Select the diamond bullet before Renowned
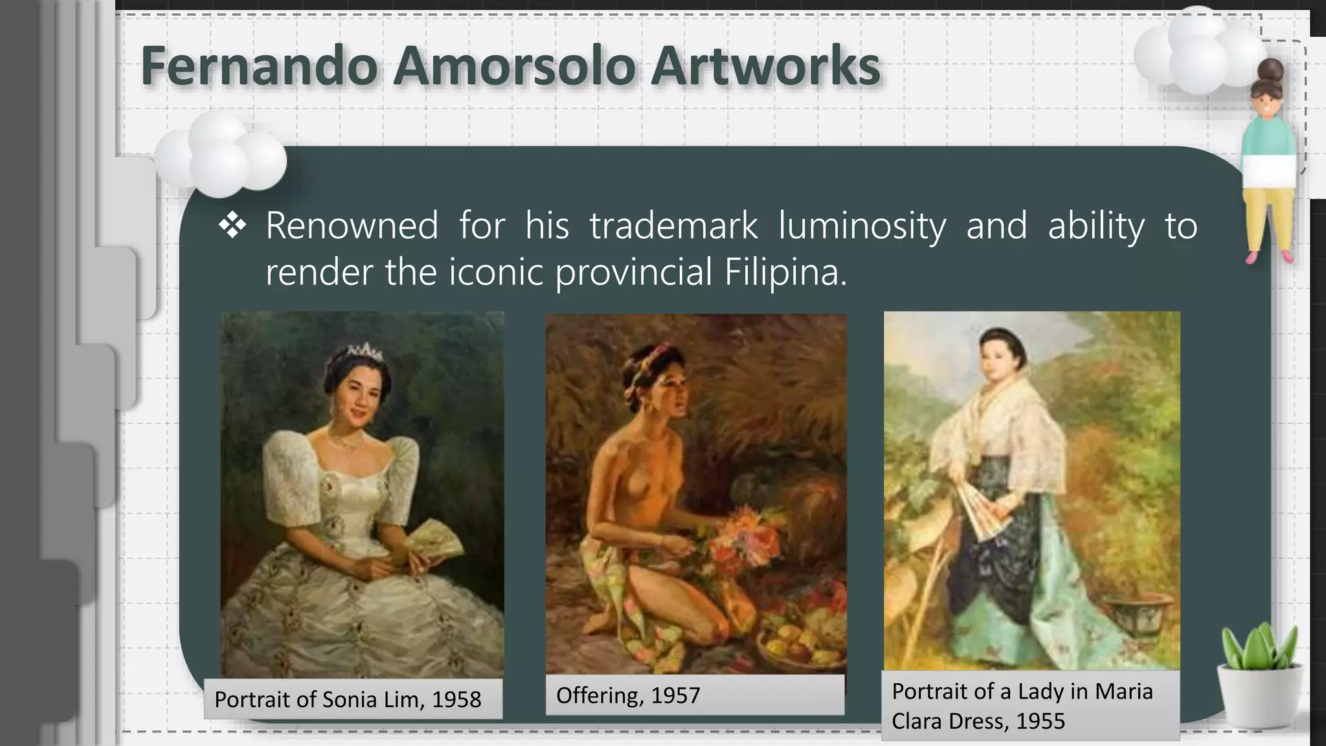click(x=232, y=225)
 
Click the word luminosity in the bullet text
click(x=861, y=225)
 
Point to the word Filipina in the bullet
click(x=785, y=272)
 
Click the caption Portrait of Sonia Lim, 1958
click(x=348, y=699)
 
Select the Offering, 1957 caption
click(x=628, y=695)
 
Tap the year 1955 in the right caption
click(x=1040, y=721)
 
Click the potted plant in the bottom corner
click(x=1259, y=680)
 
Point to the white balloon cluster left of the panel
click(x=220, y=155)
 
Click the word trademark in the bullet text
click(x=673, y=225)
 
